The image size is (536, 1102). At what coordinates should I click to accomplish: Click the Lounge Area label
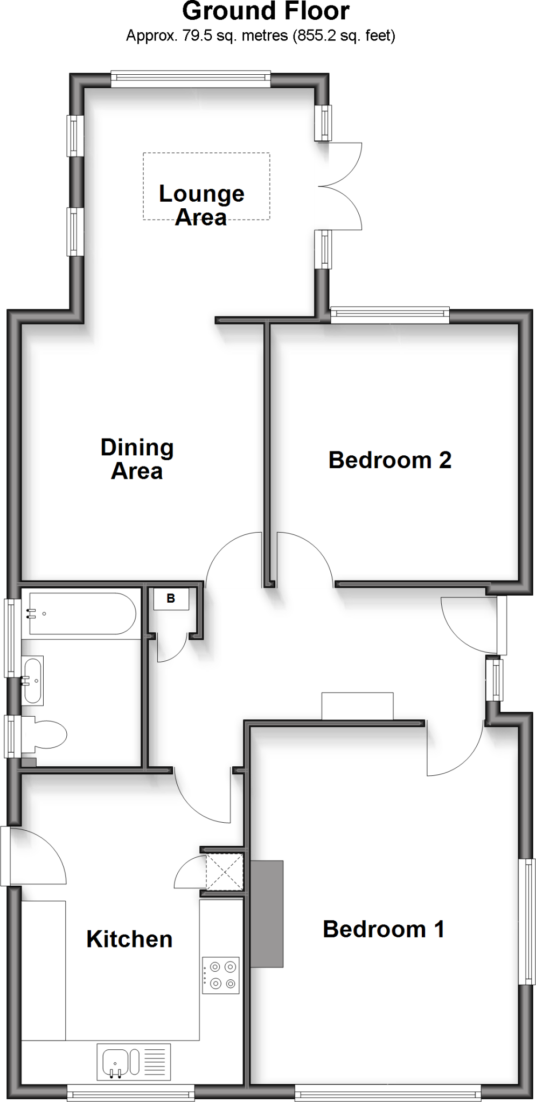pos(201,206)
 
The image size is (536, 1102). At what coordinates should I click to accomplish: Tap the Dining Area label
pos(137,459)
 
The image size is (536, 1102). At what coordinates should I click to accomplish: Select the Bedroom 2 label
pos(389,461)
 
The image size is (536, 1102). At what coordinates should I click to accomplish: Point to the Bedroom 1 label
pos(384,929)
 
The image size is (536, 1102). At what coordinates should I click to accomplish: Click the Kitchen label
pos(129,939)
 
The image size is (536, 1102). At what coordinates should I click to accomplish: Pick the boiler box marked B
pos(171,599)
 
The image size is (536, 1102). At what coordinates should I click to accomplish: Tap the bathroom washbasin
pos(33,681)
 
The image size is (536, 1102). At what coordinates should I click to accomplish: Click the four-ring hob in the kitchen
pos(220,975)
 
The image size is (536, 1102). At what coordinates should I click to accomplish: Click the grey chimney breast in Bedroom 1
pos(267,914)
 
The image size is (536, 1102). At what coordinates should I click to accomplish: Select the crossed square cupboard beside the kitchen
pos(225,871)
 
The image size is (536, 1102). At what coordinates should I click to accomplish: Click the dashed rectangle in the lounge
pos(206,161)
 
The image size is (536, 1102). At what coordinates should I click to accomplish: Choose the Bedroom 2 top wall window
pos(389,315)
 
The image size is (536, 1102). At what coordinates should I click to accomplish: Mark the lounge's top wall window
pos(191,80)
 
